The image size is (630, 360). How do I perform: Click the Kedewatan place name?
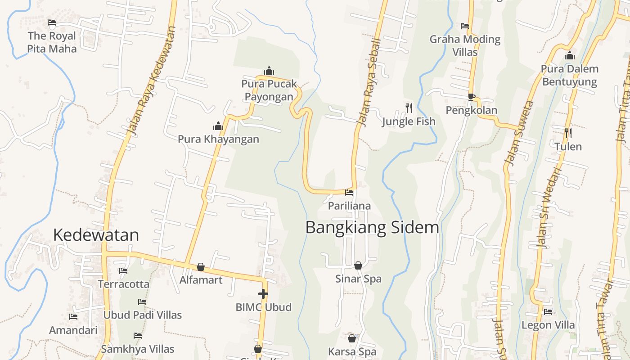(x=96, y=235)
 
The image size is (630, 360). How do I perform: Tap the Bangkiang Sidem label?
(x=372, y=227)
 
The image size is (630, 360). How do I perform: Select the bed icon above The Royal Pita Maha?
(x=52, y=22)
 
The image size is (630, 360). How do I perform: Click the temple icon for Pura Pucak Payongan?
(x=269, y=71)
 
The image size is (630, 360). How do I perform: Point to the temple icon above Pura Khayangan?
(x=218, y=126)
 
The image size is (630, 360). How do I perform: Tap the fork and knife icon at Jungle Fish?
(x=409, y=108)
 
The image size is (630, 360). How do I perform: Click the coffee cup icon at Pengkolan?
(x=471, y=97)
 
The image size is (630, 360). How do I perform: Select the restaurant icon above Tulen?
(x=568, y=133)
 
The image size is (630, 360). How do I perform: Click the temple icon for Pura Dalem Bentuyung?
(x=570, y=56)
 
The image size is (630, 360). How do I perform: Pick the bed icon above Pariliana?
(x=349, y=193)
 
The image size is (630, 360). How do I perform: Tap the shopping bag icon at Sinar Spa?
(x=358, y=266)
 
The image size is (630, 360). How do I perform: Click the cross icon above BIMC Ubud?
(x=263, y=294)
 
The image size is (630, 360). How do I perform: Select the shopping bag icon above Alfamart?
(x=201, y=267)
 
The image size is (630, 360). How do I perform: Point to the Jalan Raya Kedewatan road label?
(x=150, y=81)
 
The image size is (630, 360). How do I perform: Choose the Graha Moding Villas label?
(x=465, y=45)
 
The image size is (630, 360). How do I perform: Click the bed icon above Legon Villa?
(x=548, y=311)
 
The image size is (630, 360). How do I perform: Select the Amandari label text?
(x=73, y=330)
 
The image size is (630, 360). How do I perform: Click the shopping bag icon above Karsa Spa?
(x=352, y=338)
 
